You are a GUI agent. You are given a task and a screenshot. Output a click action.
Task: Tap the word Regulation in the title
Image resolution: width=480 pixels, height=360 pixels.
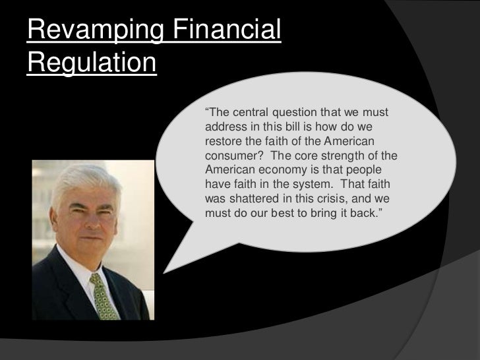tap(91, 65)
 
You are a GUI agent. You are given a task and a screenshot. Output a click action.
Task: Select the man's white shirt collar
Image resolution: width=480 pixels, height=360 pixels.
tap(85, 264)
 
